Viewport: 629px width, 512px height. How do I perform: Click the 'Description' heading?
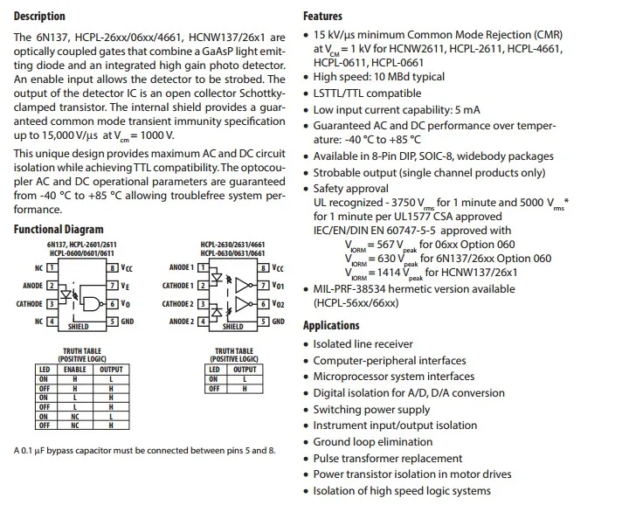pos(39,16)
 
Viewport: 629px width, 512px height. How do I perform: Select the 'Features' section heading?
pos(322,16)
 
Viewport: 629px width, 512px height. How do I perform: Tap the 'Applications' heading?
pos(331,326)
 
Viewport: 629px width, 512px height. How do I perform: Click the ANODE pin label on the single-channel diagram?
pos(32,286)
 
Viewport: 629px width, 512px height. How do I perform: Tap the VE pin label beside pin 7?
pos(127,286)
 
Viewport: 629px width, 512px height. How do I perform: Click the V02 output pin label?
pos(279,304)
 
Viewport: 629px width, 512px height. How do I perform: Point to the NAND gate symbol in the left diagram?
pos(89,303)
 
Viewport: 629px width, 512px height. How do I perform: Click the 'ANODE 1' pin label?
pos(181,267)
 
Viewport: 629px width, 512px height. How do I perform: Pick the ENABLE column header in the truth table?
pos(74,370)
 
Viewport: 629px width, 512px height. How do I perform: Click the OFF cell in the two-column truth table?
pos(214,388)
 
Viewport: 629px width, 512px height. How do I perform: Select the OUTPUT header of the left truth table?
pos(111,370)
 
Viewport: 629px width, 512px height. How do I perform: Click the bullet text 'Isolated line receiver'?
pos(363,344)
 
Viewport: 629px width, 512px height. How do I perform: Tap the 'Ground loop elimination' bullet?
pos(372,442)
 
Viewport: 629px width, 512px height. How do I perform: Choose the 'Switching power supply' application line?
pos(371,410)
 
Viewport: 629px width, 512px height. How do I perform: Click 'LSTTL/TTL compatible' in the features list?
pos(367,93)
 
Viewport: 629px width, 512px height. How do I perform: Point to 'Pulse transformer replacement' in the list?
pos(388,458)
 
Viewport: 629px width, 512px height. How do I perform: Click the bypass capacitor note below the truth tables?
pos(144,451)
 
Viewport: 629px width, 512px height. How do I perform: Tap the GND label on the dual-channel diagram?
pos(278,322)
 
